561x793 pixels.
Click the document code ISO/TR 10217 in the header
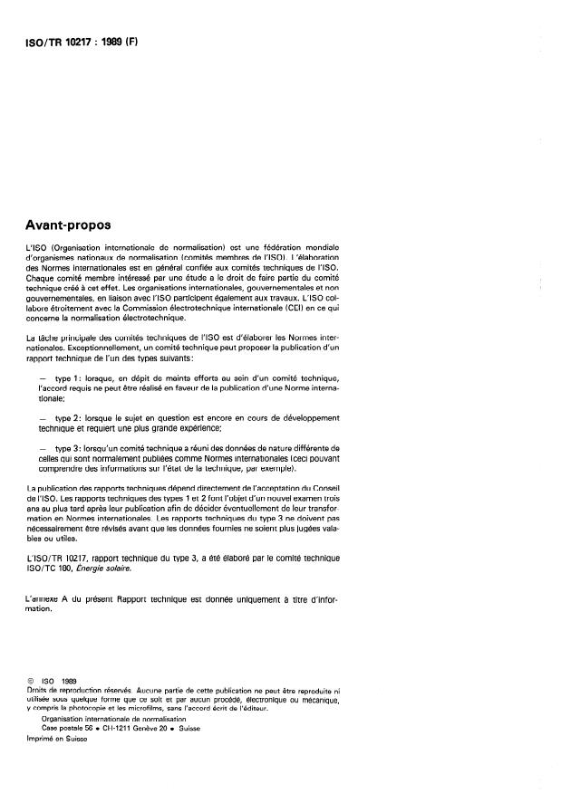pos(63,42)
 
